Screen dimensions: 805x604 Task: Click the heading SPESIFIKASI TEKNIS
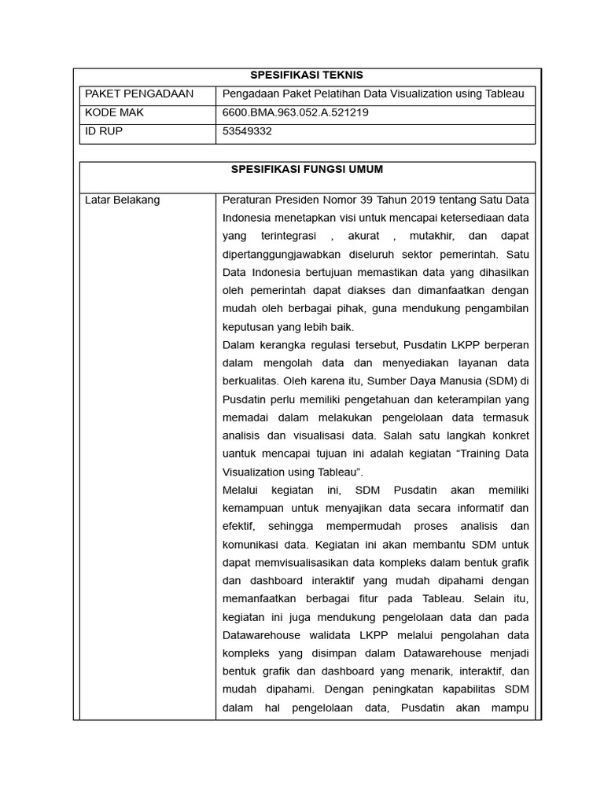(x=306, y=75)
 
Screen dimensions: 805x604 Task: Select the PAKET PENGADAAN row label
(x=138, y=94)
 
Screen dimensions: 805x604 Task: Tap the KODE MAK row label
(x=114, y=112)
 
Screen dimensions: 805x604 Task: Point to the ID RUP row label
(x=104, y=131)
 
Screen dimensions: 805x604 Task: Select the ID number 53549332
(x=247, y=131)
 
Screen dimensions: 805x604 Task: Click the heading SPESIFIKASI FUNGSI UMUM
(x=306, y=169)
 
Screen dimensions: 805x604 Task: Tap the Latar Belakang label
(x=122, y=200)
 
